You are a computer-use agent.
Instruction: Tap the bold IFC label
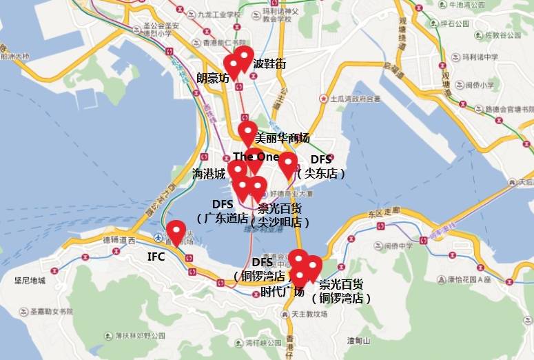tap(156, 257)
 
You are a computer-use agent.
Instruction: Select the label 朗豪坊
tap(213, 78)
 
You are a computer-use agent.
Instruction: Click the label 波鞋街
tap(269, 64)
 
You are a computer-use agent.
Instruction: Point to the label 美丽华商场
tap(283, 137)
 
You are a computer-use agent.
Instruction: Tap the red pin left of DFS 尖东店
tap(287, 164)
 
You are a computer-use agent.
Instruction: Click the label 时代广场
tap(283, 291)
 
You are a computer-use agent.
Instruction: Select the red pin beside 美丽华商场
tap(247, 132)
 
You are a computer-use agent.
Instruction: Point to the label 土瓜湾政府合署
tap(356, 99)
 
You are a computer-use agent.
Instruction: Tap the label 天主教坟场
tap(309, 314)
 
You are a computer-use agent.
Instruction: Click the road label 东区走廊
tap(384, 212)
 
